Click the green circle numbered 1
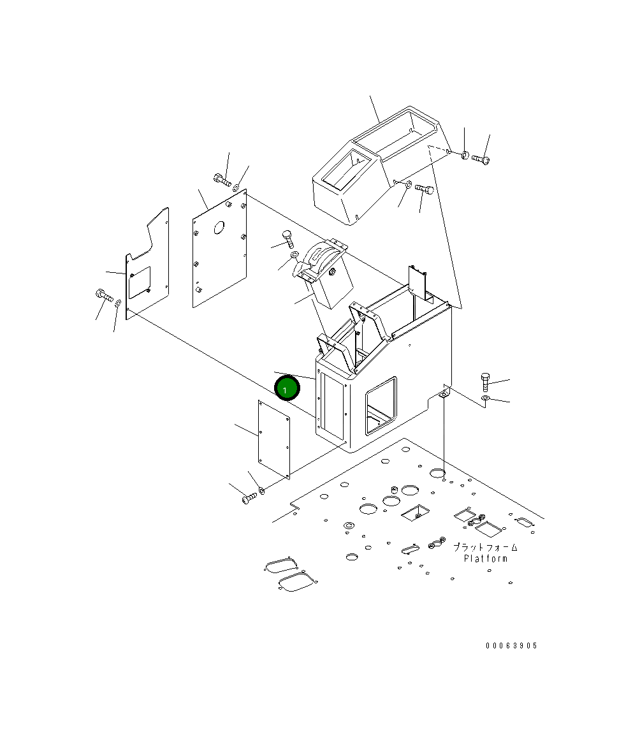pos(287,388)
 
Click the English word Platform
pos(485,558)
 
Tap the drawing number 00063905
pos(511,645)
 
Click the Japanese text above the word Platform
pos(485,547)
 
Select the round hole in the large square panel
pos(219,228)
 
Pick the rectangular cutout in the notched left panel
pos(139,282)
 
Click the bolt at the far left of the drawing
pos(104,296)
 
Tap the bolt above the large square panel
pos(222,180)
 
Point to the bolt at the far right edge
pos(485,381)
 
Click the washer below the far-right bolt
pos(485,397)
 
